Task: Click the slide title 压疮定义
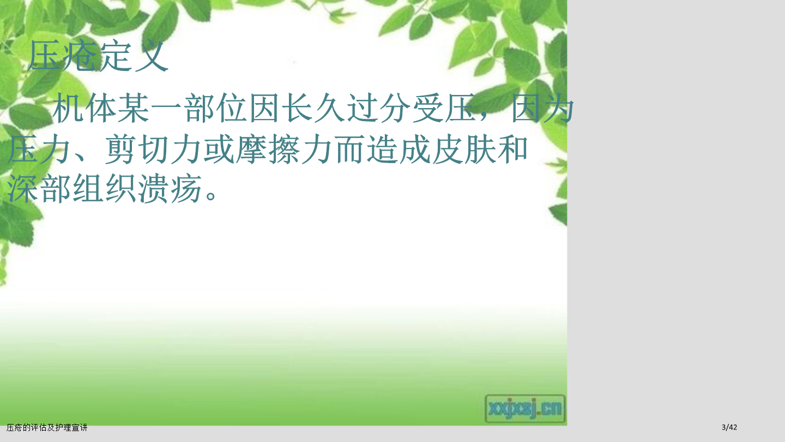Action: [98, 56]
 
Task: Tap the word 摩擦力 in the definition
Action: [284, 150]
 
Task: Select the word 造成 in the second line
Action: [398, 150]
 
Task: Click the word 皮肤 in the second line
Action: [464, 150]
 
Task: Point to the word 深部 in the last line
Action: [39, 188]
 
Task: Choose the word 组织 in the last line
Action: [104, 188]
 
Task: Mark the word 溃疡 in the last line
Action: [170, 188]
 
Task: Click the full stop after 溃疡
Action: [212, 194]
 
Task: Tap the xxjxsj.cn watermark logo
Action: [525, 408]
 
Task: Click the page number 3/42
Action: [729, 427]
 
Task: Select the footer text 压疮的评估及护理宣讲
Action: [47, 428]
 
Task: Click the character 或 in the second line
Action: [219, 150]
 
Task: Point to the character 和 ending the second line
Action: [512, 150]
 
